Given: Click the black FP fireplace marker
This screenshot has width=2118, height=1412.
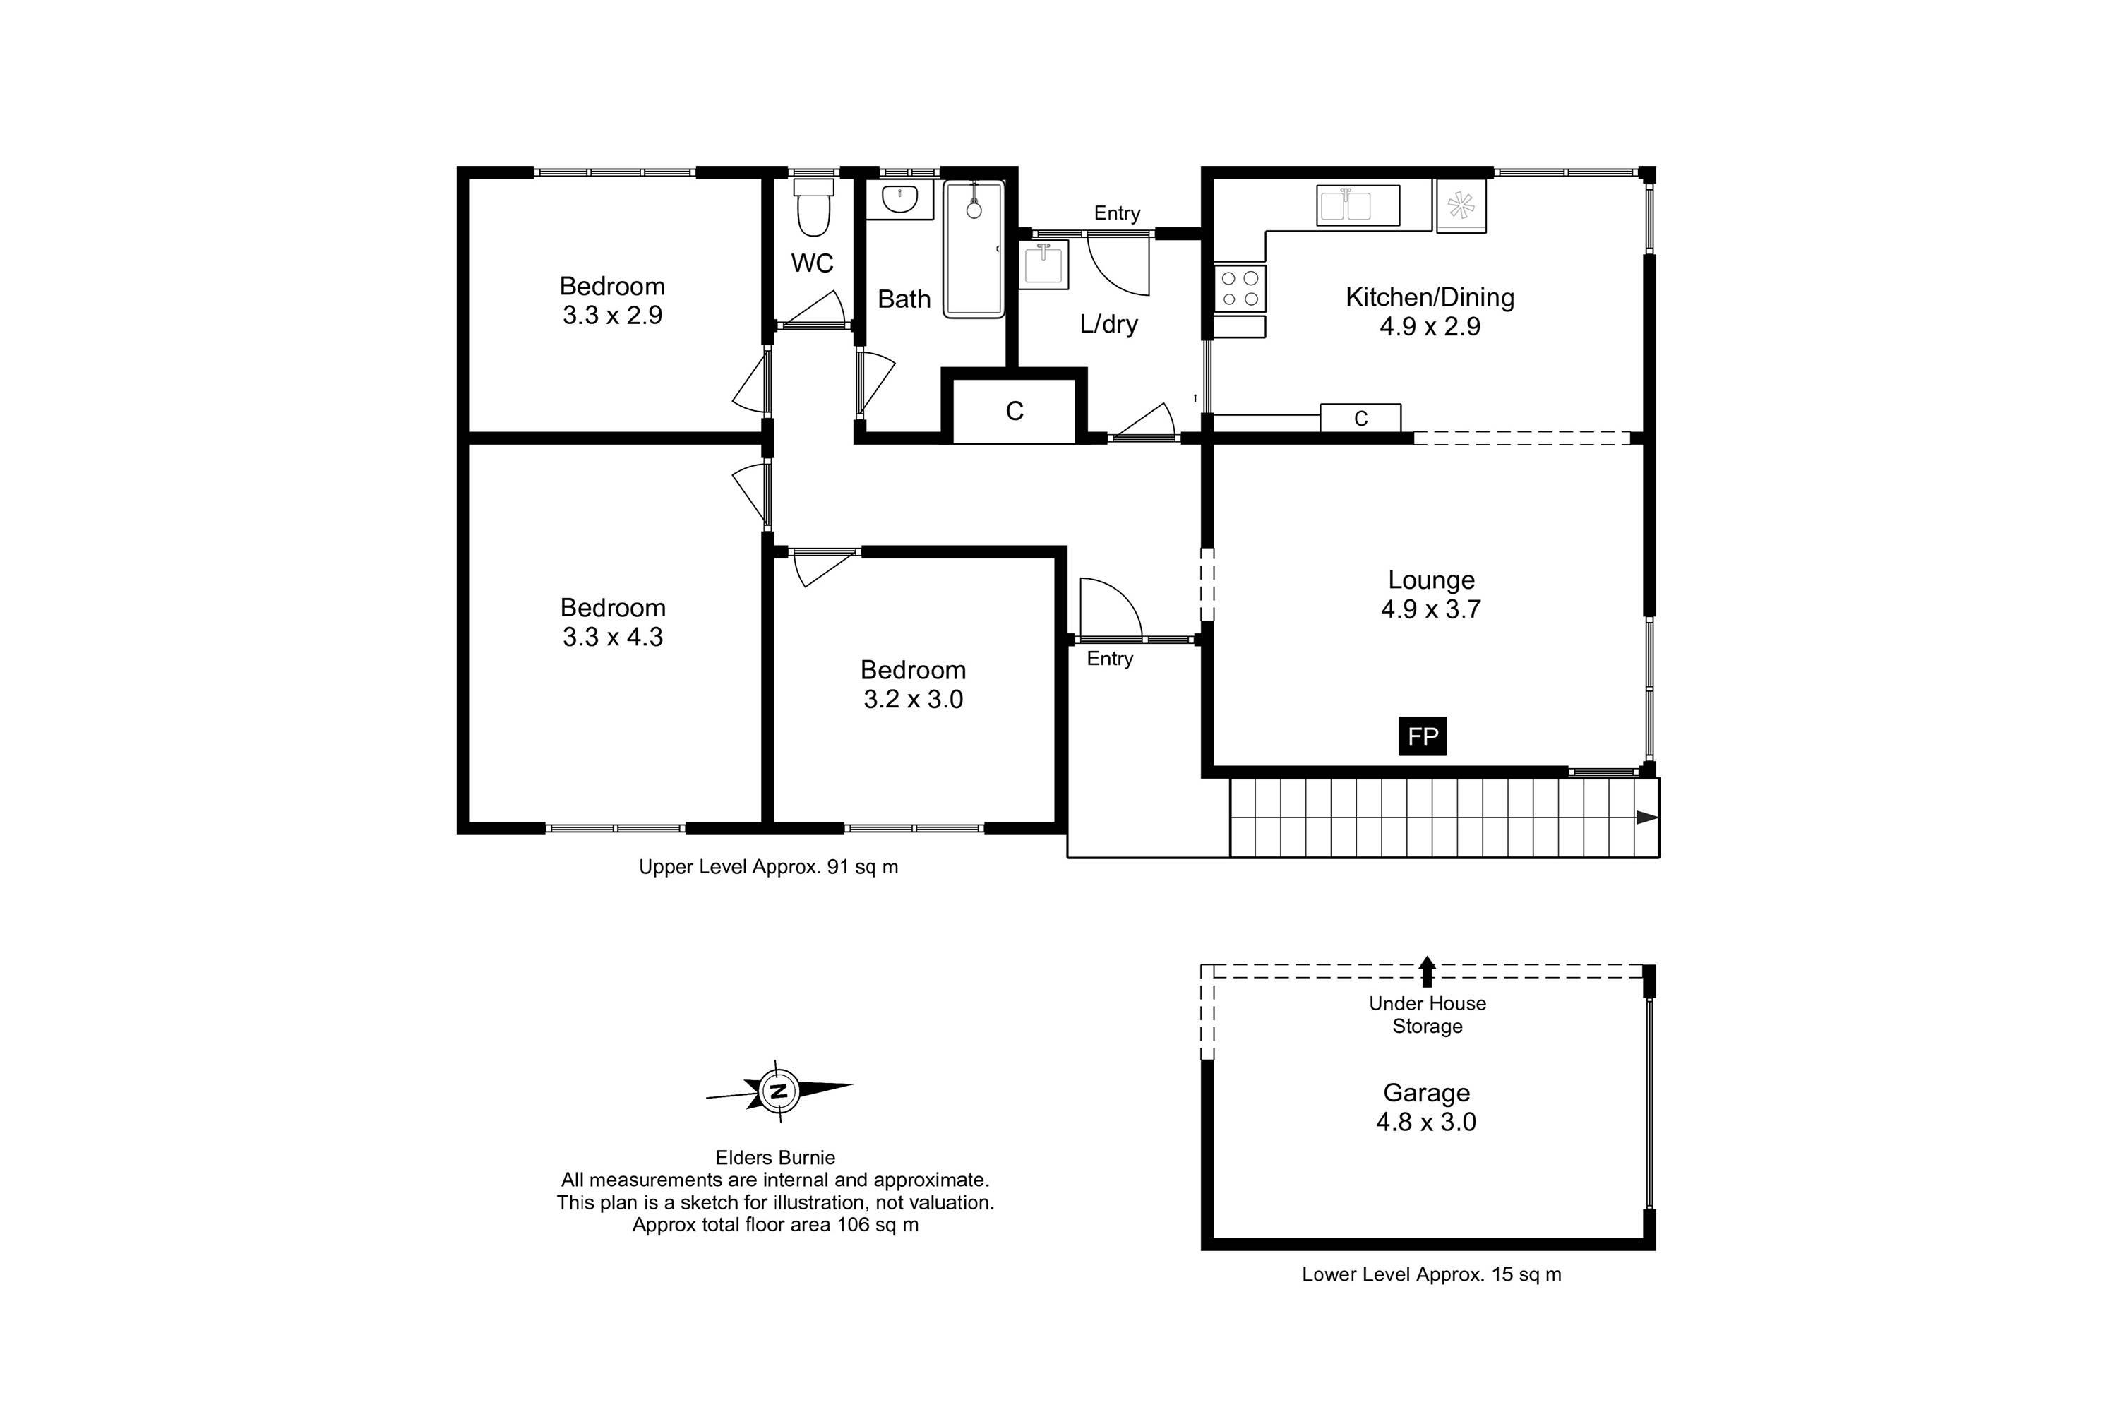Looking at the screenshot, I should click(x=1422, y=736).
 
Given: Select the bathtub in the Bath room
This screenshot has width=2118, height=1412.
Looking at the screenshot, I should click(x=974, y=249).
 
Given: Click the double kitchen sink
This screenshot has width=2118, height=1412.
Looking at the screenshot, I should click(x=1357, y=205).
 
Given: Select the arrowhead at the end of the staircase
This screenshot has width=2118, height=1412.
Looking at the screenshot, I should click(x=1647, y=818).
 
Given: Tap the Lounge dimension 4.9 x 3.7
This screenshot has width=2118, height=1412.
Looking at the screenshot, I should click(x=1430, y=610).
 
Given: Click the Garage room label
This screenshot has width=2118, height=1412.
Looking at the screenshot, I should click(x=1426, y=1092).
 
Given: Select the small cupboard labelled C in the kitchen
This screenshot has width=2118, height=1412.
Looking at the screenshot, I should click(x=1360, y=418).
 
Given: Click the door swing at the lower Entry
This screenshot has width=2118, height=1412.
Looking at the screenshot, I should click(x=1109, y=608).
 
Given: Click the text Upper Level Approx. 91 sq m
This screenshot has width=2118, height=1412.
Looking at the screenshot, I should click(x=768, y=866).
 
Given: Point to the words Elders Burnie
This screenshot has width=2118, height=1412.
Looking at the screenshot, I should click(x=774, y=1157).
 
